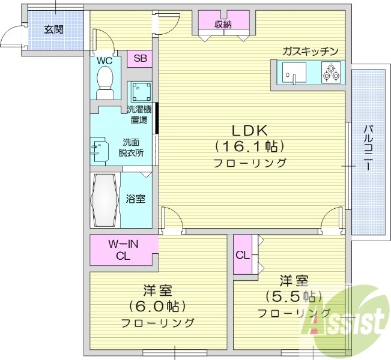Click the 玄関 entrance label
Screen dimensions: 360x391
(x=54, y=29)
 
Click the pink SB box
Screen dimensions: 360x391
(x=139, y=58)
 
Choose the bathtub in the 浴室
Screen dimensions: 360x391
(x=105, y=200)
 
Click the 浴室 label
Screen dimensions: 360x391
(x=135, y=199)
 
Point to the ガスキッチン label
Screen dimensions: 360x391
(x=311, y=51)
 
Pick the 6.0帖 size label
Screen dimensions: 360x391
(x=157, y=307)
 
